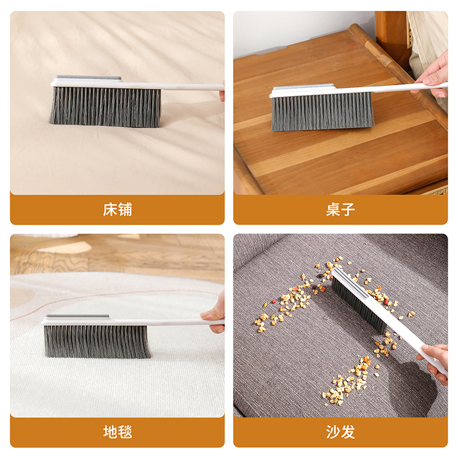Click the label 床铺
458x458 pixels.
(117, 210)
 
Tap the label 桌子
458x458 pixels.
(341, 210)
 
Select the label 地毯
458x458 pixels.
(117, 432)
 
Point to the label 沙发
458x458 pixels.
(341, 432)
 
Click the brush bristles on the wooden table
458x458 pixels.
(322, 112)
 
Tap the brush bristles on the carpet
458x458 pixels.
(97, 341)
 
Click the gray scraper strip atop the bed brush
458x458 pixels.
(89, 78)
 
